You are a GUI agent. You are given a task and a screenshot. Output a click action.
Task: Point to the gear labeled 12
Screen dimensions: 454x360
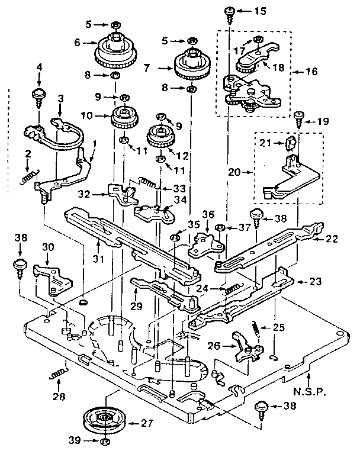coord(159,137)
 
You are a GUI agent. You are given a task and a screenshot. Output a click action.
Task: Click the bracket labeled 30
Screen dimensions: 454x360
coord(54,277)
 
